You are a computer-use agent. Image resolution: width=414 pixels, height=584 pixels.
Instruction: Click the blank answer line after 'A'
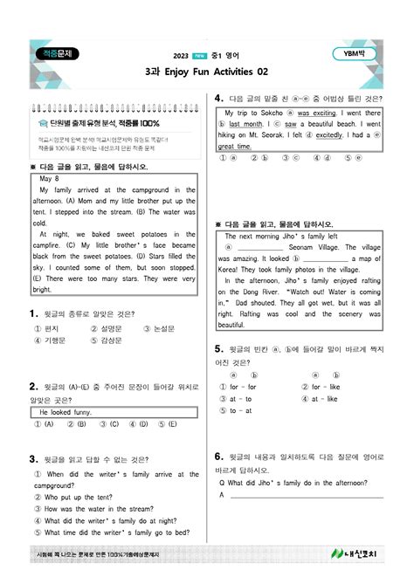coord(306,495)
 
